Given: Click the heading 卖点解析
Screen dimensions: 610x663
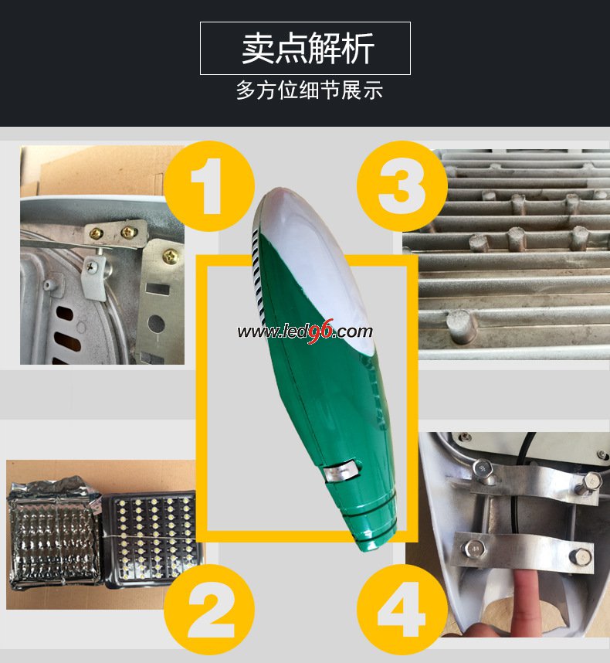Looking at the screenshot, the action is tap(308, 48).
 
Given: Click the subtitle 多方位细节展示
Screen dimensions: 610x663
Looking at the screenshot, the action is tap(309, 90).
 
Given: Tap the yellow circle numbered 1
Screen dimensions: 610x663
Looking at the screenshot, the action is tap(208, 186).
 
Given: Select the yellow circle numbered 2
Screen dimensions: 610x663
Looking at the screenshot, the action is tap(208, 610).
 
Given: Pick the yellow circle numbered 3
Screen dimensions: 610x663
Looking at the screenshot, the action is tap(402, 186).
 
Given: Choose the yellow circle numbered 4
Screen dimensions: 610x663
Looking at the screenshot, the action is tap(402, 610).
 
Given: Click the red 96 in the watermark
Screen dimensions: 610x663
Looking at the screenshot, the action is tap(320, 331).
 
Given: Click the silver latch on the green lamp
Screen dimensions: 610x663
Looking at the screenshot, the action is tap(342, 471).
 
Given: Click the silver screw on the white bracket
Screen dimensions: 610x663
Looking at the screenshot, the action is tap(91, 267).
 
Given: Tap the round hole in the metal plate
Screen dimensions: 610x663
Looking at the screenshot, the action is tap(156, 324).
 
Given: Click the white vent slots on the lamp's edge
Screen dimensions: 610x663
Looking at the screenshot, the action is tap(258, 275).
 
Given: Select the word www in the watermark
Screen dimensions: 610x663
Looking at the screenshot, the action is tap(253, 332).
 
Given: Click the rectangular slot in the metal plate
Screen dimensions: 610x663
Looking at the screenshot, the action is tap(158, 289).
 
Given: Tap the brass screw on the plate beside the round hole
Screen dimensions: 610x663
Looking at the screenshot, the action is tap(171, 256).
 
